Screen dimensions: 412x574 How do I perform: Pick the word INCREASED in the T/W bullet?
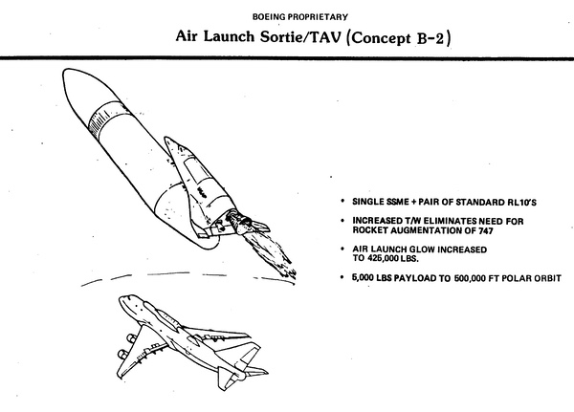click(x=380, y=219)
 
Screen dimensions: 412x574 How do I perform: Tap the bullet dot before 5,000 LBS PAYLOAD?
click(x=345, y=278)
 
